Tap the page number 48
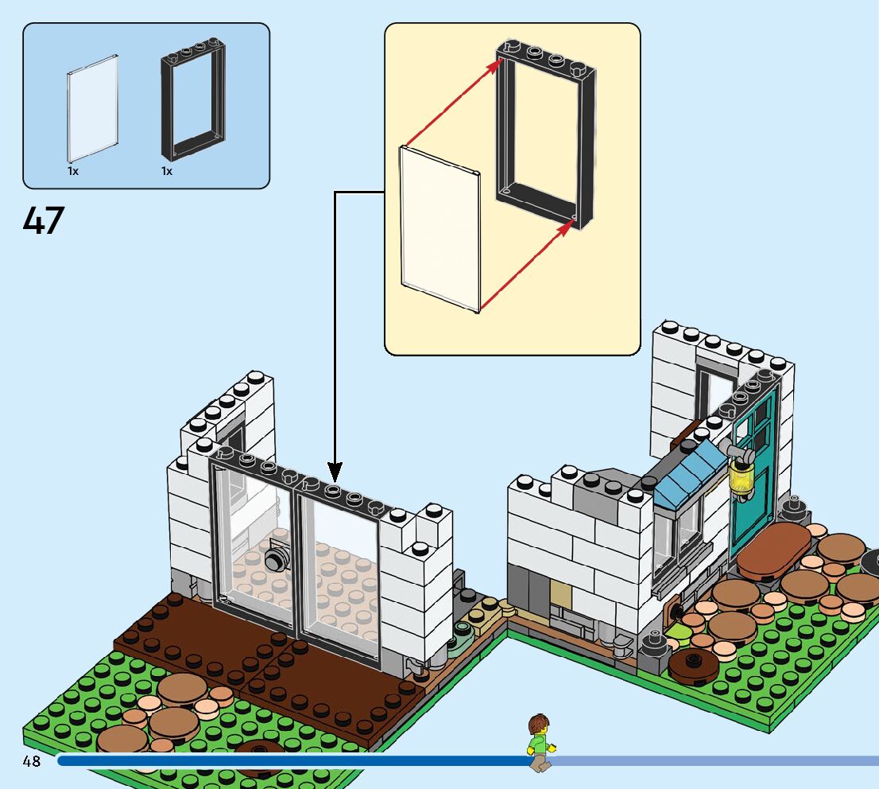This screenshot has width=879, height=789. pyautogui.click(x=31, y=761)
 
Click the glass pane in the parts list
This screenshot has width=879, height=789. pyautogui.click(x=93, y=107)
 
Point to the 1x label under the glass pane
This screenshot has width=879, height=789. pyautogui.click(x=72, y=171)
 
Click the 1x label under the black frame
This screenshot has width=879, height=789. pyautogui.click(x=167, y=171)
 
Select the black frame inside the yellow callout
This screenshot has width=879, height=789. pyautogui.click(x=546, y=135)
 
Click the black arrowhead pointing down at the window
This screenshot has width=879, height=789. pyautogui.click(x=335, y=469)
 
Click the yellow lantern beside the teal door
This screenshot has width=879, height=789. pyautogui.click(x=742, y=480)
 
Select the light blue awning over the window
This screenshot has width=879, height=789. pyautogui.click(x=688, y=476)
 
